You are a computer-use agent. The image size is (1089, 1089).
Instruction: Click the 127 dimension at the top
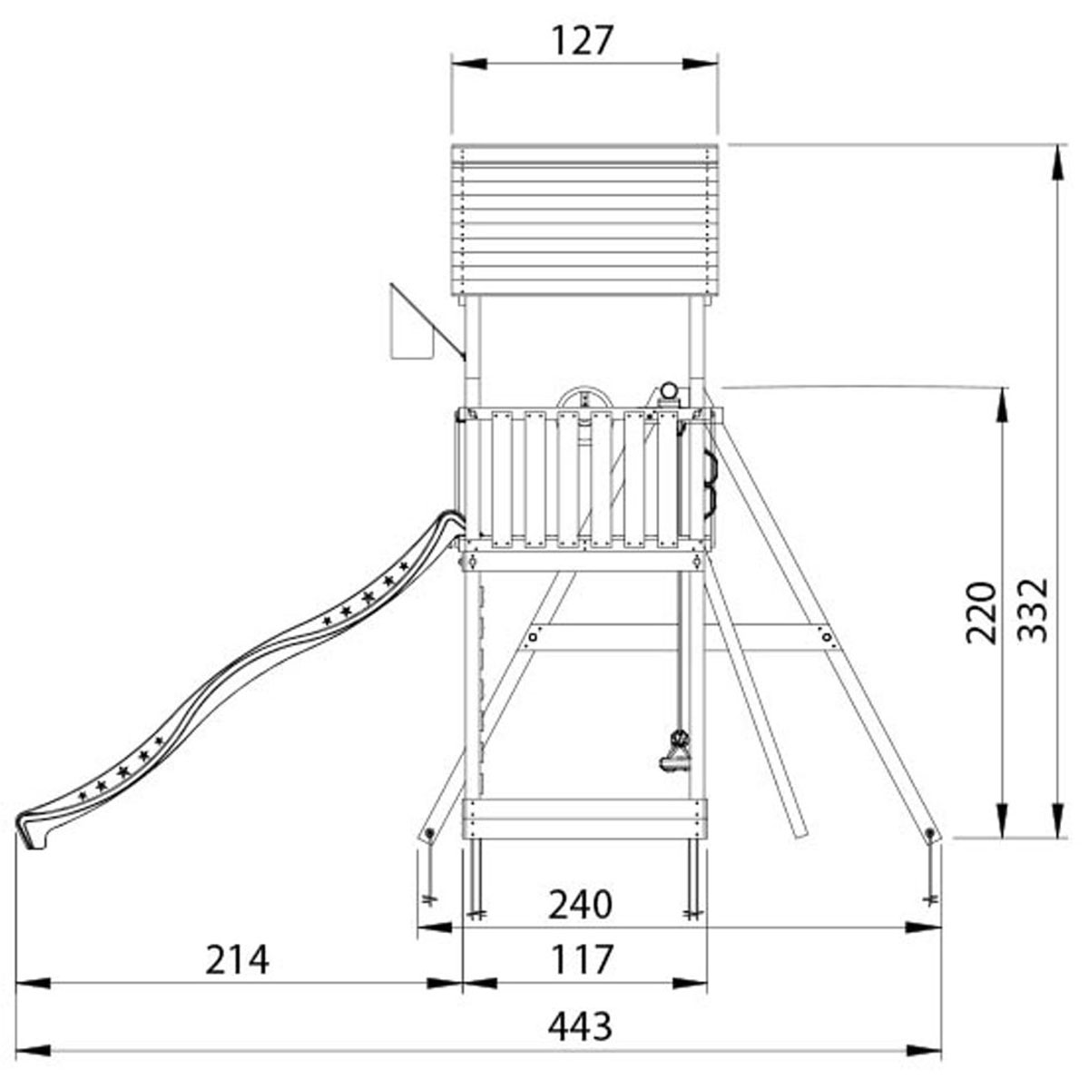pyautogui.click(x=582, y=41)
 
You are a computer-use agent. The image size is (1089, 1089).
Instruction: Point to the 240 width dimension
pyautogui.click(x=581, y=904)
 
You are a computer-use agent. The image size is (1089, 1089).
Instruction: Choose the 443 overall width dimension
pyautogui.click(x=581, y=1025)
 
